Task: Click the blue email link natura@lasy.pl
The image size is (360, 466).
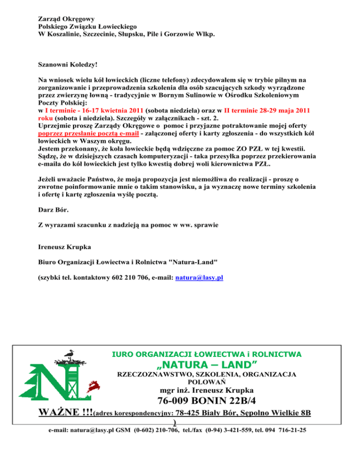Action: click(x=199, y=278)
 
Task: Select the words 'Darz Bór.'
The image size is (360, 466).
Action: click(x=51, y=211)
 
